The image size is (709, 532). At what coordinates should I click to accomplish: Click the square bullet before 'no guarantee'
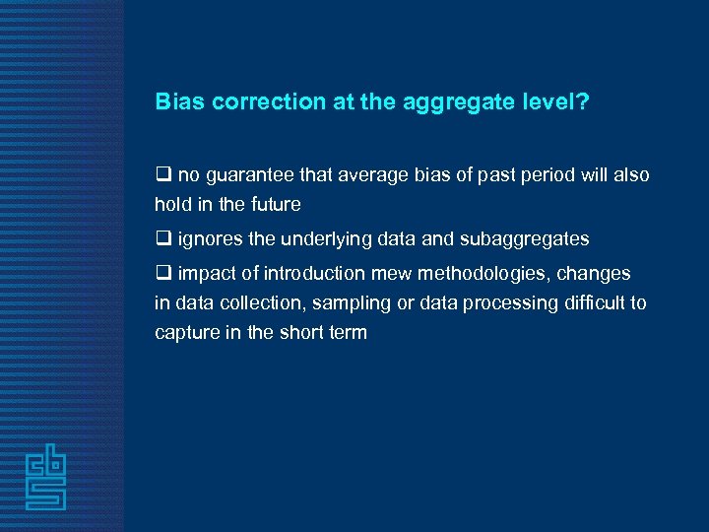pos(162,175)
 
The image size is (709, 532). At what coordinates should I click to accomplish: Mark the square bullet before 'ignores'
pos(162,239)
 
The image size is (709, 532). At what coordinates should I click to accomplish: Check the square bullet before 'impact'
pos(162,274)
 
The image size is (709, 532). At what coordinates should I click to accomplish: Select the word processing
pos(467,303)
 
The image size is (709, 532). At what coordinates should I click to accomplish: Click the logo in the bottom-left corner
pos(46,479)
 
